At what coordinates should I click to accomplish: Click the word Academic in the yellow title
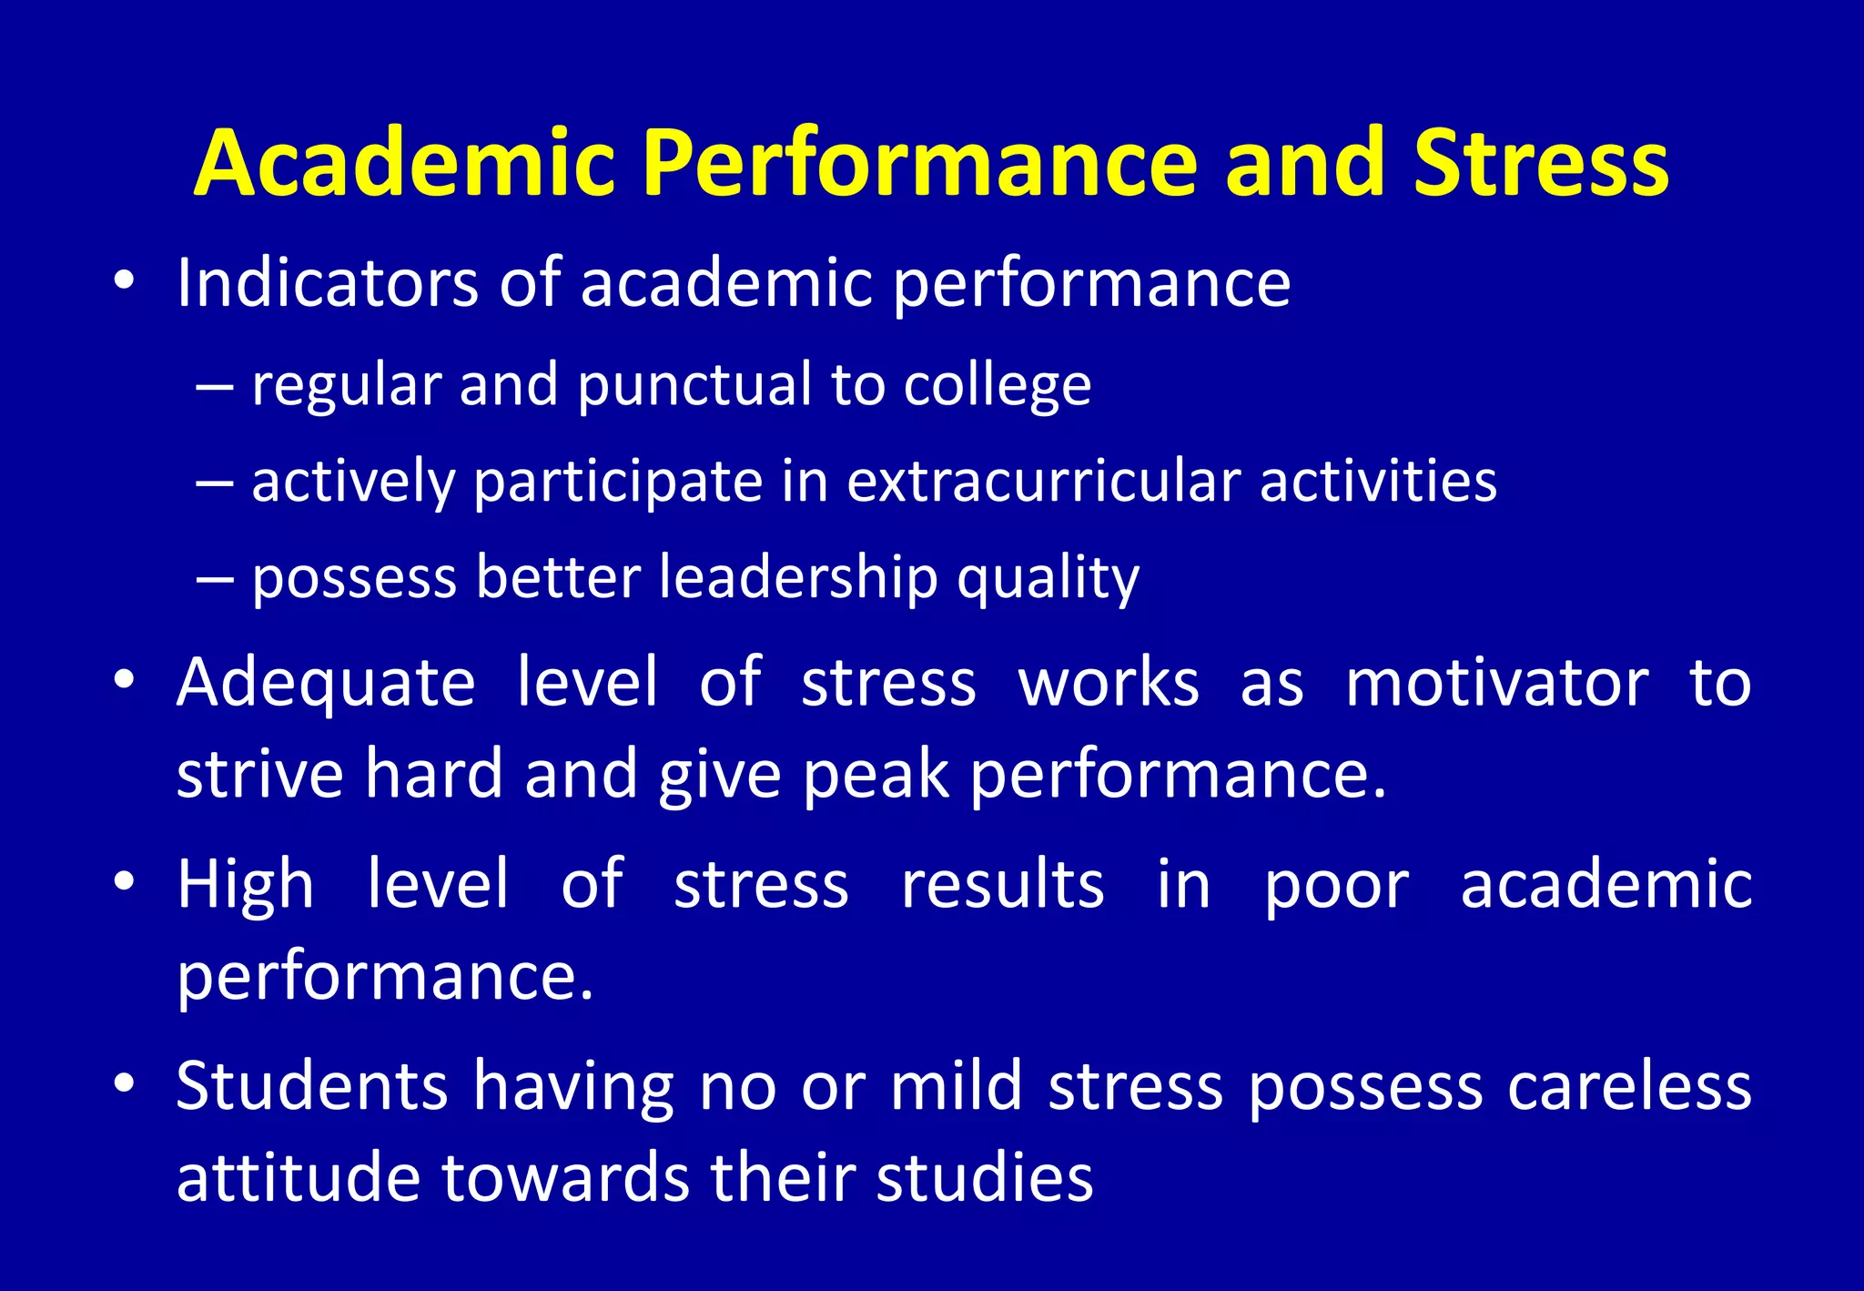coord(405,163)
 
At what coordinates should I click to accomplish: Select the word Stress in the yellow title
coord(1541,163)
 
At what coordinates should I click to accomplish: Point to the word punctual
coord(694,384)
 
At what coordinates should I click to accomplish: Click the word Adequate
coord(326,683)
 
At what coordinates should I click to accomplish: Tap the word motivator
coord(1496,683)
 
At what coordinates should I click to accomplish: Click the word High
coord(246,885)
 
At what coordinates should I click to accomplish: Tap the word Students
coord(312,1085)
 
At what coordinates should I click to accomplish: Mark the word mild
coord(956,1085)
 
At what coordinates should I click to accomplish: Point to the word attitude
coord(299,1178)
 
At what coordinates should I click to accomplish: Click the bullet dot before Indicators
coord(125,281)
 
